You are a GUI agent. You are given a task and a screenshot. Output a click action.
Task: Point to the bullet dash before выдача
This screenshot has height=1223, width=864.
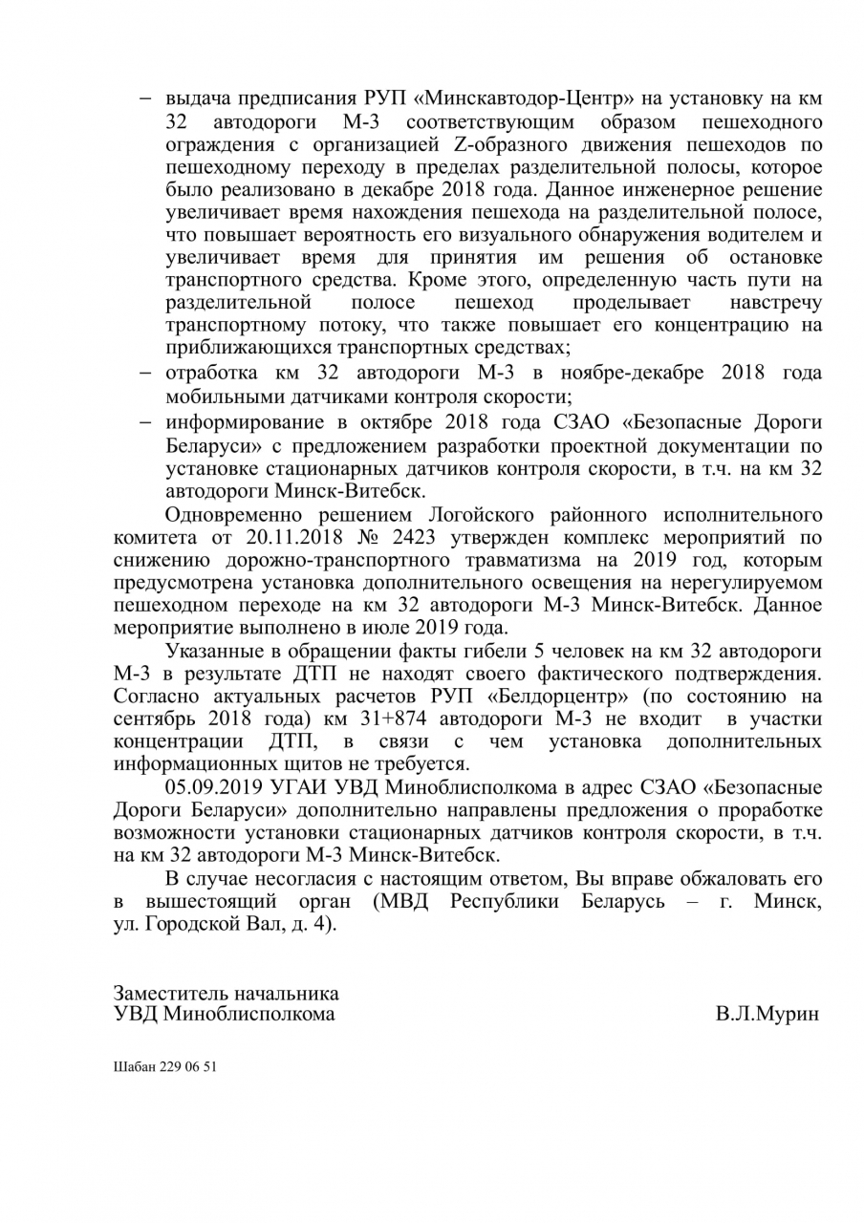point(147,98)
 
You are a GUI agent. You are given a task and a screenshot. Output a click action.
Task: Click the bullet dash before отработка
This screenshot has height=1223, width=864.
point(147,372)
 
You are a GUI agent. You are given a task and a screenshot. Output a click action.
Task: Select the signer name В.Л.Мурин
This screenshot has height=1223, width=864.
point(767,1015)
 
